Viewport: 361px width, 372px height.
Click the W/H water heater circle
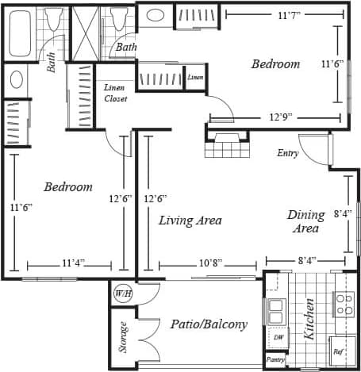pyautogui.click(x=124, y=293)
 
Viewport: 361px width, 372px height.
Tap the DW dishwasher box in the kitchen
pyautogui.click(x=278, y=337)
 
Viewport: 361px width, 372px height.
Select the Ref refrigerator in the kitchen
pyautogui.click(x=338, y=351)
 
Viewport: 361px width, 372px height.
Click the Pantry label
pyautogui.click(x=275, y=360)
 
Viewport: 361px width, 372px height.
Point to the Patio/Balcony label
pyautogui.click(x=209, y=324)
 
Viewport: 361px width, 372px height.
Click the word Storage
pyautogui.click(x=123, y=337)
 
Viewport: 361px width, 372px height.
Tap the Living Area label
pyautogui.click(x=190, y=221)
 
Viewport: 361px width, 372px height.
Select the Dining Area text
pyautogui.click(x=305, y=221)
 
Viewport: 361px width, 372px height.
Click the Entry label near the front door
pyautogui.click(x=287, y=153)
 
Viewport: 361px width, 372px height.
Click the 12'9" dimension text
pyautogui.click(x=280, y=117)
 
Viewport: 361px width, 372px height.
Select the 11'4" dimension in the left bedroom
pyautogui.click(x=73, y=263)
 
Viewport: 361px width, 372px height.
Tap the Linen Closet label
pyautogui.click(x=116, y=93)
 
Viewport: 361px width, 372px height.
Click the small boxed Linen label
pyautogui.click(x=195, y=78)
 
